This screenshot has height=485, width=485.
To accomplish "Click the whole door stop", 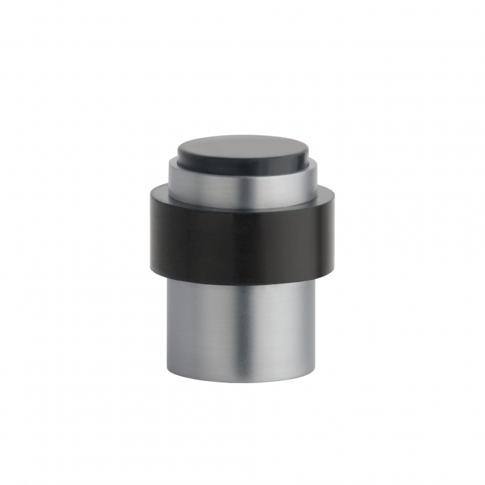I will click(242, 256).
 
